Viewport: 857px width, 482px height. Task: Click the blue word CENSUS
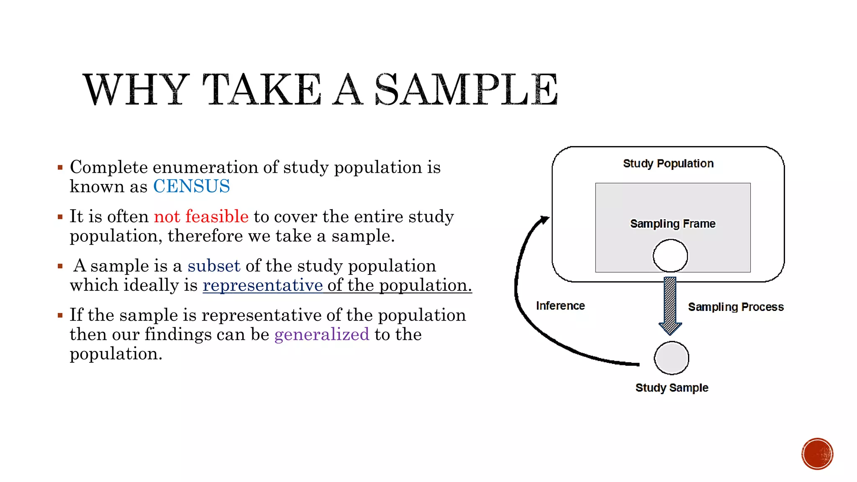coord(191,186)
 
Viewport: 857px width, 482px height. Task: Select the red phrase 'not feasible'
coord(201,216)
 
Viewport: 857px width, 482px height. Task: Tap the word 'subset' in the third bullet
coord(214,266)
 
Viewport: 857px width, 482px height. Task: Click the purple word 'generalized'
coord(322,334)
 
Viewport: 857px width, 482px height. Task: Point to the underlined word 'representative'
coord(262,285)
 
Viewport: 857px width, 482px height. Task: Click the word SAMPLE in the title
coord(466,89)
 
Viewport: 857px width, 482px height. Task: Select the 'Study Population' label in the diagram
coord(668,163)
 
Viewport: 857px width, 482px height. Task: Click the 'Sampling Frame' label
coord(672,223)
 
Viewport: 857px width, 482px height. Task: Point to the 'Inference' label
coord(560,305)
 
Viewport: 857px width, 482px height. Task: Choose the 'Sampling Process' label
coord(736,307)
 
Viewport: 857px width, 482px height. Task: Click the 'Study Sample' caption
coord(672,387)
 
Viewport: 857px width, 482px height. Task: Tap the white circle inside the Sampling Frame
coord(670,256)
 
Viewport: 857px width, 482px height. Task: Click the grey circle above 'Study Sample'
coord(671,358)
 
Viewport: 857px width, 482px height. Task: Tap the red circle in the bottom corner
coord(817,454)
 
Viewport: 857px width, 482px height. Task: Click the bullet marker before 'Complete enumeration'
coord(60,168)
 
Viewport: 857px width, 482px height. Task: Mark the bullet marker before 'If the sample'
coord(60,315)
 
